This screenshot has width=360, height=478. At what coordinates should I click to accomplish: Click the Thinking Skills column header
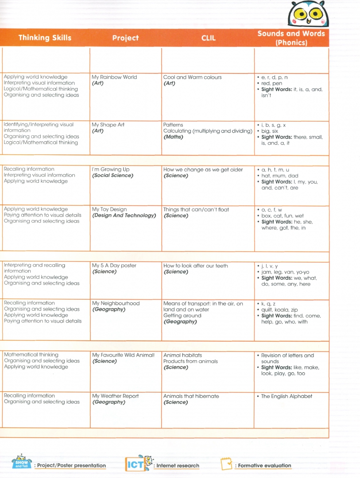pos(45,38)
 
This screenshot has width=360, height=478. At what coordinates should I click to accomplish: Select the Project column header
pos(125,38)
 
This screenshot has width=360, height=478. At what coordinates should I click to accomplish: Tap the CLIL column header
pos(209,38)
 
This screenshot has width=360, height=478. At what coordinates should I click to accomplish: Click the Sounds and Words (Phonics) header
pos(291,38)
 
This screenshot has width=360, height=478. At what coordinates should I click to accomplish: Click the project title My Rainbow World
pos(114,77)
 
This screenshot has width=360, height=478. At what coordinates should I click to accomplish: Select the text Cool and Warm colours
pos(192,77)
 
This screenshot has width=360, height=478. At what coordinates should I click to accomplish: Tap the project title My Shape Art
pos(108,125)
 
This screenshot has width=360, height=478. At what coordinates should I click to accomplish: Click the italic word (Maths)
pos(173,137)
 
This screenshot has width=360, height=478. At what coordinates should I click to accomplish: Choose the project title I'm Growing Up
pos(111,170)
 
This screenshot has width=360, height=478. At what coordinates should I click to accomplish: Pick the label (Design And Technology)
pos(124,216)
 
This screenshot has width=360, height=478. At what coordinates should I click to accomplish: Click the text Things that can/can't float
pos(196,209)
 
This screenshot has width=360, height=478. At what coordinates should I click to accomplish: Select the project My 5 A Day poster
pos(114,266)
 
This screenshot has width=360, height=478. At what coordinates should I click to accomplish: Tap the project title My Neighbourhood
pos(116,303)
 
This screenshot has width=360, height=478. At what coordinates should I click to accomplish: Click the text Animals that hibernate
pos(191,396)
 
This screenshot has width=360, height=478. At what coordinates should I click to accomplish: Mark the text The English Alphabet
pos(286,396)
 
